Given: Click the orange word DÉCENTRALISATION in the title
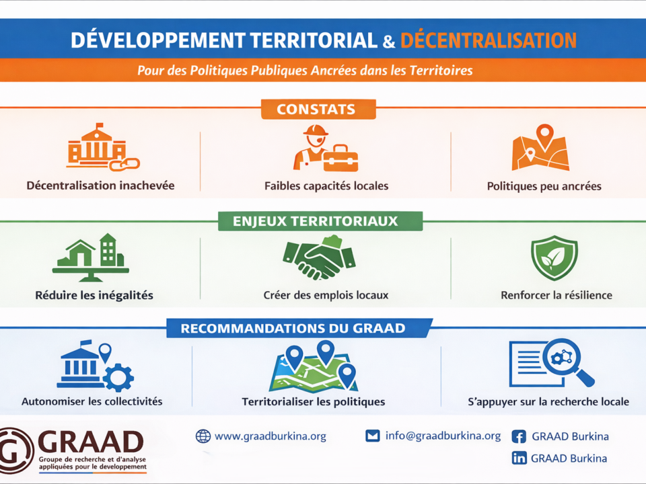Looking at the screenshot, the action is click(489, 40).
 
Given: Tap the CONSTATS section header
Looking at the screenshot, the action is click(318, 109).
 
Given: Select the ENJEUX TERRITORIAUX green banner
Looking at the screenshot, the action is click(320, 221).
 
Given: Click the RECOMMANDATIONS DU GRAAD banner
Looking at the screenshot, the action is click(299, 328).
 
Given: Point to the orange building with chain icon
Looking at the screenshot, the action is click(102, 147).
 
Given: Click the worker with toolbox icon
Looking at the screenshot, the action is click(326, 149).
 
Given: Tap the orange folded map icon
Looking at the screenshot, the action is click(540, 147).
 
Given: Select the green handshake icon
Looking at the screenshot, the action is click(319, 257).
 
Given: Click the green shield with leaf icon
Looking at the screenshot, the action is click(554, 257).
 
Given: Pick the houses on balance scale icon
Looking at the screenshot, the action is click(91, 257).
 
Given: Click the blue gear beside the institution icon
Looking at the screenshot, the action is click(118, 377).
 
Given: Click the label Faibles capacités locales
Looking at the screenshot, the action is click(326, 186).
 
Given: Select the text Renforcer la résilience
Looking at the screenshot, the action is click(557, 295).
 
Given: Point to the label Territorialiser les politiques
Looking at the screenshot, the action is click(313, 402).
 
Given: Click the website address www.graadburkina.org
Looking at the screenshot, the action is click(271, 436).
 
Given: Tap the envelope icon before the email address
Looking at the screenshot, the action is click(372, 436).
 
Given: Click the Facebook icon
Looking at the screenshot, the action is click(519, 436).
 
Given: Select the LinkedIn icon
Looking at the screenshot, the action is click(519, 458).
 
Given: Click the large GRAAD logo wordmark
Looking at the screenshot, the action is click(91, 442).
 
